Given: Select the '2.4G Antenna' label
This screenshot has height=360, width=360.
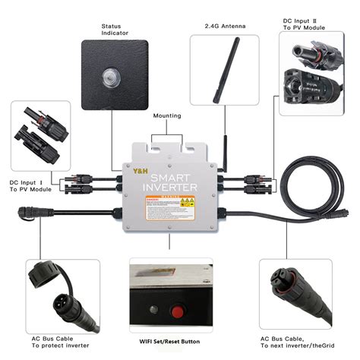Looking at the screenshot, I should (224, 25).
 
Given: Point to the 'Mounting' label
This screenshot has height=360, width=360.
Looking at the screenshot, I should (167, 116).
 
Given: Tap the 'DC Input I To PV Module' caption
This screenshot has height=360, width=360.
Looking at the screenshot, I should (30, 187).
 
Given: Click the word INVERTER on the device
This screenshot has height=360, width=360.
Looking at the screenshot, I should (172, 187).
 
